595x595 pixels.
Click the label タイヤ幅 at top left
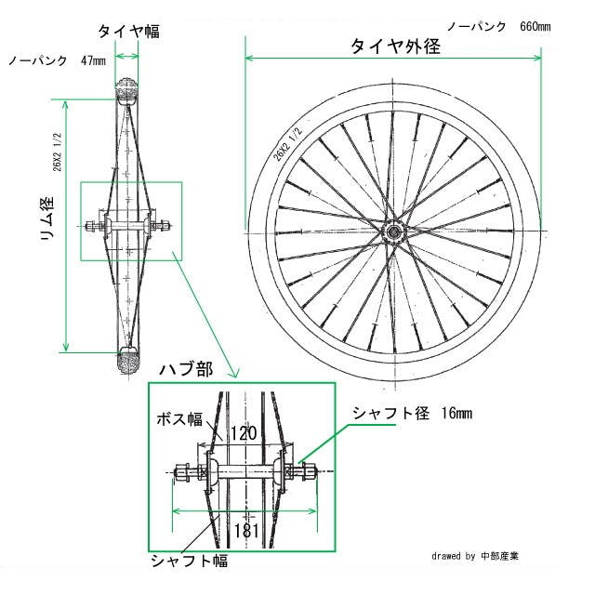click(128, 31)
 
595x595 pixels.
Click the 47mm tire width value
click(93, 60)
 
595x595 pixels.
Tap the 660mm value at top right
click(535, 27)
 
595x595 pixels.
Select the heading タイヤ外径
click(395, 46)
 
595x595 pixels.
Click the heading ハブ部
click(186, 369)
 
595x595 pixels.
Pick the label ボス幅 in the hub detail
click(179, 419)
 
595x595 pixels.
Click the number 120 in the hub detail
click(244, 433)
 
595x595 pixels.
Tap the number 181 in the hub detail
click(246, 531)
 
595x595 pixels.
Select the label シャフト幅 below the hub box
click(190, 561)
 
